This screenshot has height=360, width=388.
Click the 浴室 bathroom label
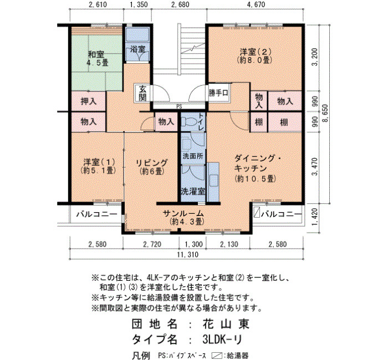(x=138, y=49)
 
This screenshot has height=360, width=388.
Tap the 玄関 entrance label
(x=142, y=93)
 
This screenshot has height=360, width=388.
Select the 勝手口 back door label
(x=218, y=93)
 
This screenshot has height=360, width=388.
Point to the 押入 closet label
(x=88, y=101)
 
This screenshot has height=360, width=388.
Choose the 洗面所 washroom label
(x=193, y=156)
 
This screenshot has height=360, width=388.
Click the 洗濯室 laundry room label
(x=193, y=191)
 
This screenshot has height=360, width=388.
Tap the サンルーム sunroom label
(x=183, y=213)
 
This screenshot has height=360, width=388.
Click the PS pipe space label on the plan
(x=179, y=107)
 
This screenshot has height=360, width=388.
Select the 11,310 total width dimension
(x=188, y=254)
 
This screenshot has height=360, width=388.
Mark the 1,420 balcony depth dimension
(x=315, y=217)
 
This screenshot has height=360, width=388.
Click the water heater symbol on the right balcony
(x=257, y=213)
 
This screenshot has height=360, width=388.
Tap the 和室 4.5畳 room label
(x=97, y=58)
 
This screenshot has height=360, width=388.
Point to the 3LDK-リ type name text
(x=222, y=339)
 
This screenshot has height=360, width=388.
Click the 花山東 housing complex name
(x=226, y=323)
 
